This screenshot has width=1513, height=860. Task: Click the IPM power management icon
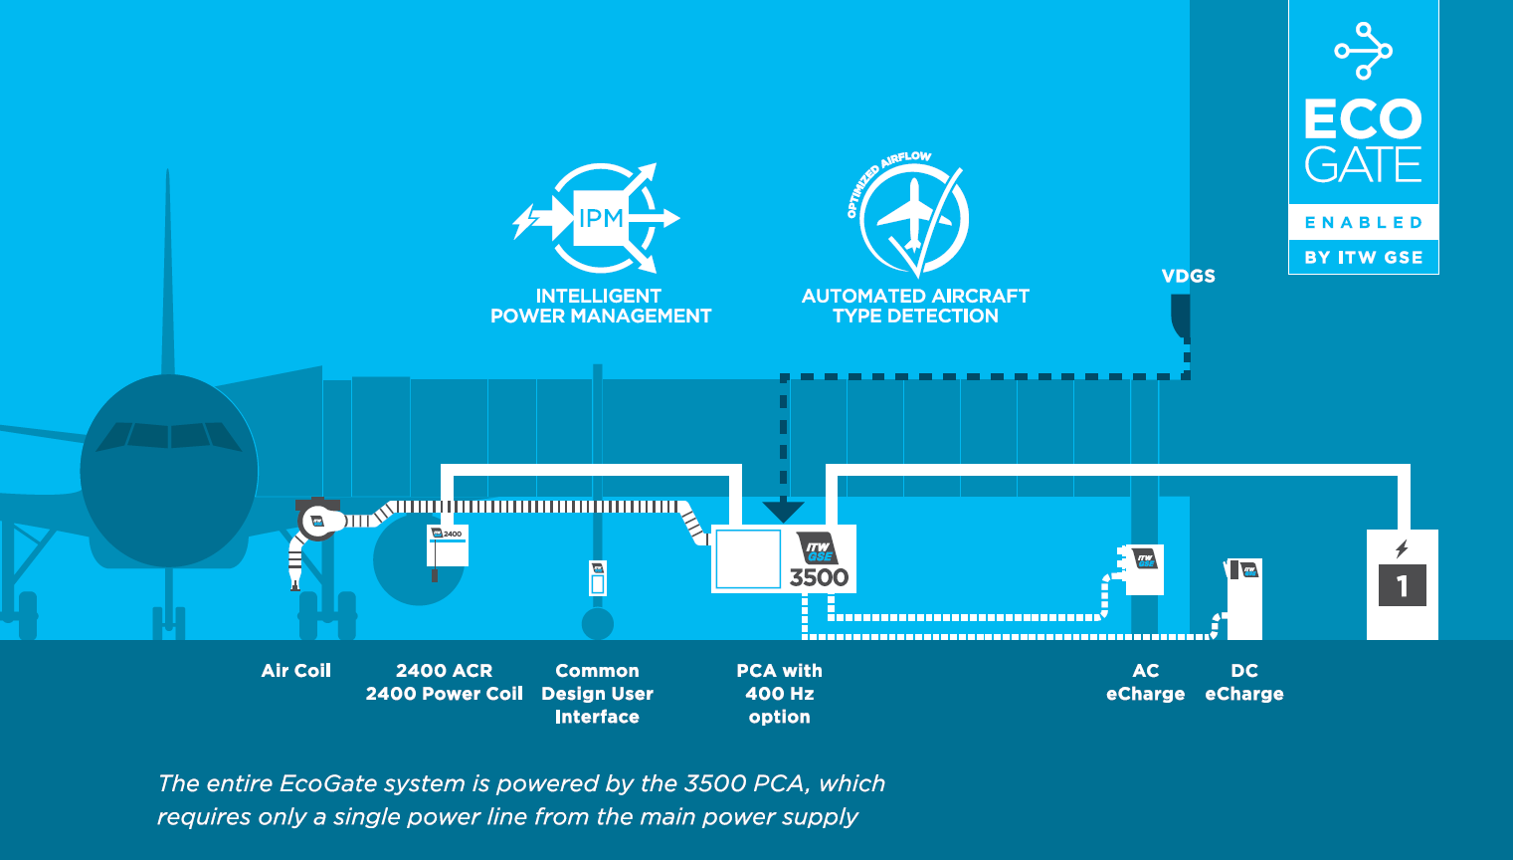pos(599,218)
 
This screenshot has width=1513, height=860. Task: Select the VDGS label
pos(1188,276)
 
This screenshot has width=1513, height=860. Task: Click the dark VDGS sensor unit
pos(1181,318)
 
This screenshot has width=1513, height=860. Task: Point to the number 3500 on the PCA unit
pos(819,577)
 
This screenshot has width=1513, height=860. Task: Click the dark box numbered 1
pos(1402,585)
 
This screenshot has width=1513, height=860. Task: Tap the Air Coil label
pos(295,671)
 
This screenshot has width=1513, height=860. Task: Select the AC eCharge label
pos(1145,682)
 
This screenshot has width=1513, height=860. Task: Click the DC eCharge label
pos(1243,682)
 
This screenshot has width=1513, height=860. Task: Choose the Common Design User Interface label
pos(597,694)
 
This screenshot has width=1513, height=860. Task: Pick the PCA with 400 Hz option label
pos(779,694)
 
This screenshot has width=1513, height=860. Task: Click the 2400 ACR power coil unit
pos(447,545)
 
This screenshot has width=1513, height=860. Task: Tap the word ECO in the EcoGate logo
pos(1363,119)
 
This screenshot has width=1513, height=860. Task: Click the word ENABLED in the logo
pos(1363,223)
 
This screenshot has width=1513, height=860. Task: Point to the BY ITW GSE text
pos(1363,257)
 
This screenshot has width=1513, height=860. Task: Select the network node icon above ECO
pos(1363,51)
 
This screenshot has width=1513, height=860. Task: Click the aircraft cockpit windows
pos(169,436)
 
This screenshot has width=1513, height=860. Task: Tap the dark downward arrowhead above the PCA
pos(784,512)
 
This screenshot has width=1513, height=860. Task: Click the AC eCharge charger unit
pos(1143,569)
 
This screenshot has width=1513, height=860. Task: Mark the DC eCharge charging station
pos(1244,597)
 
